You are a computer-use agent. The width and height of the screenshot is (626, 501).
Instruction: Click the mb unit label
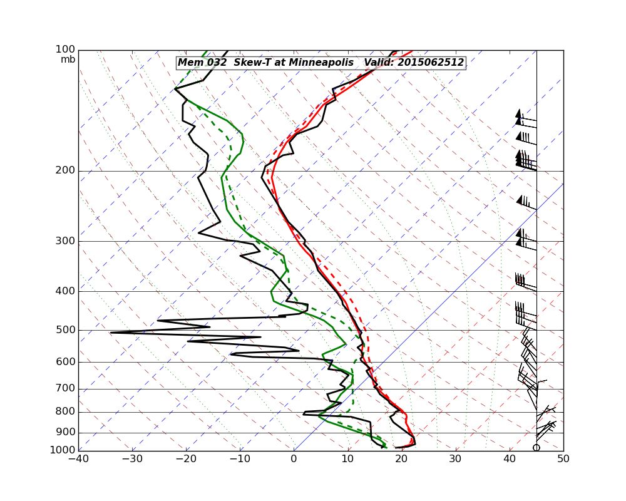pos(68,59)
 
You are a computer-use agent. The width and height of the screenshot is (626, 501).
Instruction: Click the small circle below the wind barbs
pos(536,447)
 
